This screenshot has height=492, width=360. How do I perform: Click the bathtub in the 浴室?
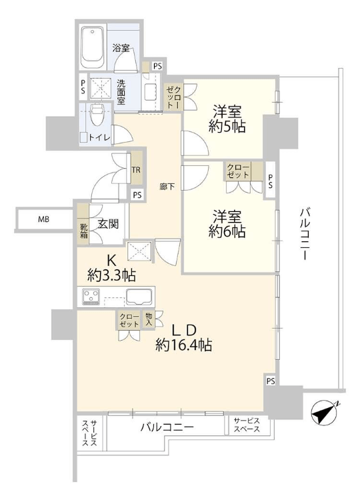coord(93,48)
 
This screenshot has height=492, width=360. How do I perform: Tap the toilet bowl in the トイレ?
coord(96,115)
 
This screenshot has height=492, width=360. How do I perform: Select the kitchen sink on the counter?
coord(139,297)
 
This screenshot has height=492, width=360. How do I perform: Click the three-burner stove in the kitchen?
coord(91,297)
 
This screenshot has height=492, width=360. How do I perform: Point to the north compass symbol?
coord(325,412)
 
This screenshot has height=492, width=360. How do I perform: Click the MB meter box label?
coord(43,219)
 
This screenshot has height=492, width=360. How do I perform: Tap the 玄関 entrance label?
coord(109,224)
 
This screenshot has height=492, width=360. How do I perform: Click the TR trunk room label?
coord(136,170)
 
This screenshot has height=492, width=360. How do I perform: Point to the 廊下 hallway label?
coord(167,187)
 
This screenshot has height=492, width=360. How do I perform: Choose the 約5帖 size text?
coord(227,126)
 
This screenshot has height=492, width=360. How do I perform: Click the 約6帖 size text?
coord(227,231)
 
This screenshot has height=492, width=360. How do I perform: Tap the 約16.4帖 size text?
coord(183,345)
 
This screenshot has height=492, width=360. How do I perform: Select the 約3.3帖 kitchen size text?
coord(111,276)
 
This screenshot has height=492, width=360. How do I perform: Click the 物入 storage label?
coord(149,320)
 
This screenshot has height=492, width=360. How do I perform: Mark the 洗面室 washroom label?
coord(121,92)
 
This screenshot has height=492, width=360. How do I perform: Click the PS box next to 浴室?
coord(157,66)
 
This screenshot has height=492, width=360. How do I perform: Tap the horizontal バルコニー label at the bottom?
coord(167,427)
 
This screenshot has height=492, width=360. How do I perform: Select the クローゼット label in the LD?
coord(129,320)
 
